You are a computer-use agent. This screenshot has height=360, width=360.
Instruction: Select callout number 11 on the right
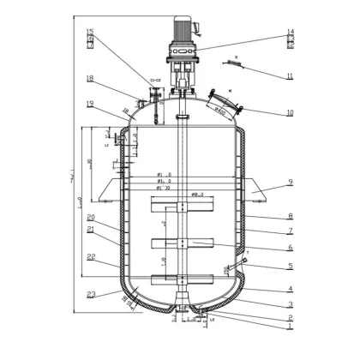click(x=291, y=76)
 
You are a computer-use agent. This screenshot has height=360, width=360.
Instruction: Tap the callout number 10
click(x=291, y=112)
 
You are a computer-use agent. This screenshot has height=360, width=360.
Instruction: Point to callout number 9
click(x=291, y=182)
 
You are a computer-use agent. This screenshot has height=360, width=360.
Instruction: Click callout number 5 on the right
click(x=291, y=267)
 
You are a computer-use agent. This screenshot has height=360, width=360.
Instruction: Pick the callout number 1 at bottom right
click(x=291, y=327)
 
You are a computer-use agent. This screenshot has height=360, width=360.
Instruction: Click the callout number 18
click(x=90, y=79)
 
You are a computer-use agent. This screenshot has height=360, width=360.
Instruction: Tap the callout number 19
click(x=90, y=104)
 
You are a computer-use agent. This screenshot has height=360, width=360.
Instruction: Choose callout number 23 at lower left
click(x=90, y=294)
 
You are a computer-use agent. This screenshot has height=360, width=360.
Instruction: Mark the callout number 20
click(x=90, y=218)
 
